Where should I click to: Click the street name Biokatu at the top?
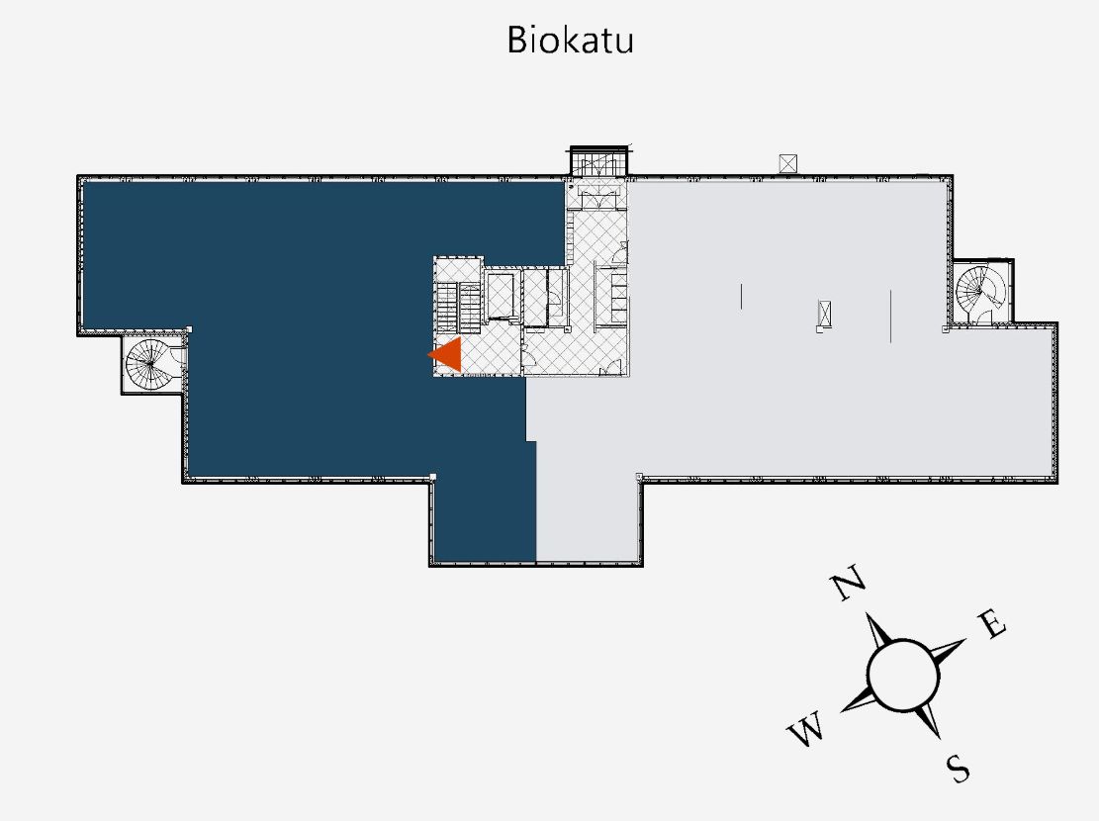pos(570,40)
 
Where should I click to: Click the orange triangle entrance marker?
pos(447,355)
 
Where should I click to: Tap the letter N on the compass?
pos(849,586)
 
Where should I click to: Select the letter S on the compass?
pos(957,768)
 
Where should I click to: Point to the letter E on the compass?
pos(992,625)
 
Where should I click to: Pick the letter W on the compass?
pos(806,733)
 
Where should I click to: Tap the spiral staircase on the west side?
pos(150,363)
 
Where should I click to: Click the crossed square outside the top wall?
pos(788,162)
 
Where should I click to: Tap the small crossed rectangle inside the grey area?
pos(823,314)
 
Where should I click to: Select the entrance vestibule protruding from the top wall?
pos(598,162)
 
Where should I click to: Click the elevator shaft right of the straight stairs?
pos(501,297)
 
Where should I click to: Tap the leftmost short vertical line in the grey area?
pos(742,295)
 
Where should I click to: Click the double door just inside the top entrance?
pos(597,201)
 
